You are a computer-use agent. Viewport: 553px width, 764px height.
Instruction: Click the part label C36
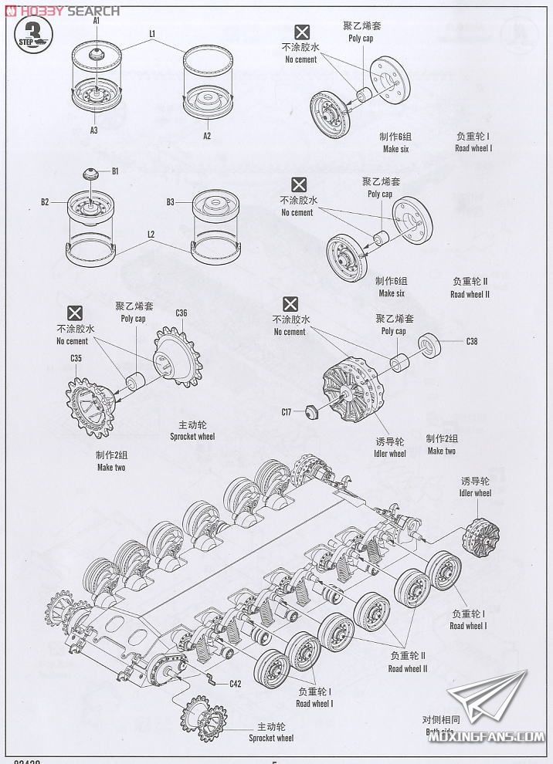(182, 312)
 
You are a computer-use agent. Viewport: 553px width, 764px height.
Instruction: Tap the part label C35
(76, 358)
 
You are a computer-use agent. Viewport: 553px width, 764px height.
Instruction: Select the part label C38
(472, 340)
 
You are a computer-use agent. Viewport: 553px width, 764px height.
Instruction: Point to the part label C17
(286, 412)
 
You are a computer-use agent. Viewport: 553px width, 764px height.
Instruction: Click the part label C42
(235, 683)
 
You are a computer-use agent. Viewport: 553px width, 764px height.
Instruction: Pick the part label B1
(115, 171)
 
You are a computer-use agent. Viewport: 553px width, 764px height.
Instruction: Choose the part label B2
(45, 202)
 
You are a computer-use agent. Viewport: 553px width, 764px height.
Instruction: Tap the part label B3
(171, 202)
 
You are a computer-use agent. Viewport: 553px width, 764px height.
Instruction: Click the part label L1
(152, 34)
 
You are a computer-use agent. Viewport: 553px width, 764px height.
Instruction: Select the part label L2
(151, 234)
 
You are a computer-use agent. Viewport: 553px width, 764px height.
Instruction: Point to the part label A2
(207, 136)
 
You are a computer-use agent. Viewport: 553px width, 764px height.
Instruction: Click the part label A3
(93, 130)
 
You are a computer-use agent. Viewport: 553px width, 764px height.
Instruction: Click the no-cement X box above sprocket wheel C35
(75, 313)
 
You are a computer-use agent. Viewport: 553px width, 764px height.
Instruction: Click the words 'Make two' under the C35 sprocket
(110, 468)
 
